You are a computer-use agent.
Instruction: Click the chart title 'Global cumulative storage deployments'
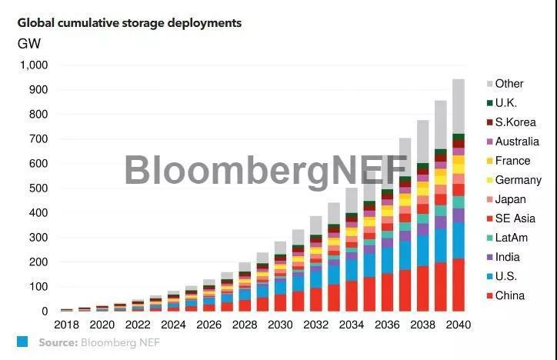(x=129, y=23)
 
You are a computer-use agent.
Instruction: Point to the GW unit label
(x=29, y=44)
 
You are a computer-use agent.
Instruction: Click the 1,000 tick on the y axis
(x=32, y=65)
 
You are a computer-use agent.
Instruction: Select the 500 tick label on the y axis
(x=37, y=188)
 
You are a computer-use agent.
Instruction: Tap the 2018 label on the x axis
(x=67, y=325)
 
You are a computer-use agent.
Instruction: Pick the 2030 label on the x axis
(x=280, y=325)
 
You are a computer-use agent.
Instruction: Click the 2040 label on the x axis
(x=458, y=325)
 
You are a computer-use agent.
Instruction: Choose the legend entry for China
(x=510, y=296)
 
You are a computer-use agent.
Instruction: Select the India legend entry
(x=508, y=258)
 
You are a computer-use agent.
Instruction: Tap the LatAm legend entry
(x=511, y=238)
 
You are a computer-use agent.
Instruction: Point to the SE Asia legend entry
(x=513, y=219)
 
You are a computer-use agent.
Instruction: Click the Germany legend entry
(x=518, y=181)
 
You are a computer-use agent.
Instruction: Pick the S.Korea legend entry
(x=515, y=122)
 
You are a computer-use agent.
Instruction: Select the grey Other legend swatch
(x=489, y=84)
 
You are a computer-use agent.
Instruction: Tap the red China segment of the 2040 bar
(x=458, y=285)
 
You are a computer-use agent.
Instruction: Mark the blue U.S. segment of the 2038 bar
(x=422, y=251)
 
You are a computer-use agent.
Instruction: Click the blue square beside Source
(x=22, y=342)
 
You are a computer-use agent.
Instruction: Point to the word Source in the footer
(x=58, y=342)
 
